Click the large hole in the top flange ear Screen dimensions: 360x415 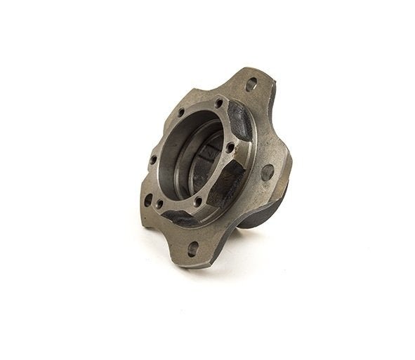click(251, 84)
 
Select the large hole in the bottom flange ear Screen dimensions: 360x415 click(192, 248)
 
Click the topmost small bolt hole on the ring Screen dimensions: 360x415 click(219, 103)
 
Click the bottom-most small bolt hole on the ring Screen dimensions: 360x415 click(199, 203)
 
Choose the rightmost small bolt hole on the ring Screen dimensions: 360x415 click(229, 147)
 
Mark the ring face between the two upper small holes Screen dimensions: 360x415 click(199, 106)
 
